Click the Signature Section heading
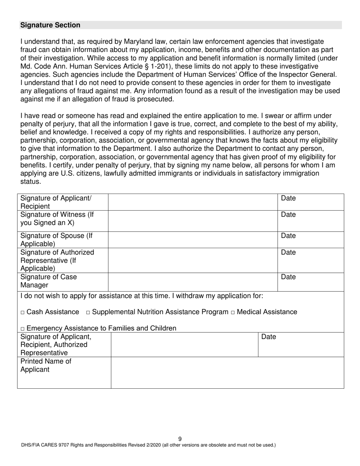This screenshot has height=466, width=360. point(50,25)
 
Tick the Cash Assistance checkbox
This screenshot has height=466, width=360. point(23,313)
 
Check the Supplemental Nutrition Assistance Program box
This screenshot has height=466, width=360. point(88,313)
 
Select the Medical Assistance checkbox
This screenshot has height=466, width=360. point(233,313)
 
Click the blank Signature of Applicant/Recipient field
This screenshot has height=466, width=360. point(193,202)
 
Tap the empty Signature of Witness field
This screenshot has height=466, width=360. point(193,221)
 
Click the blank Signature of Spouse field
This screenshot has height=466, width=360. point(193,240)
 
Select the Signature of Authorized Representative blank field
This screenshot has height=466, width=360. point(193,261)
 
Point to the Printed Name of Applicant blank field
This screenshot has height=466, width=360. point(227,373)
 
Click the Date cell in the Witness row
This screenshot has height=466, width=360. point(311,221)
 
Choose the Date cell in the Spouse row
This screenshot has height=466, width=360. point(311,240)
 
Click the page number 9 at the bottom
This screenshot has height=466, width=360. point(180,439)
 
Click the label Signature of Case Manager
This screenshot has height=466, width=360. point(49,281)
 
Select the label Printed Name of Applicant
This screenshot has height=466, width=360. point(45,366)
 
